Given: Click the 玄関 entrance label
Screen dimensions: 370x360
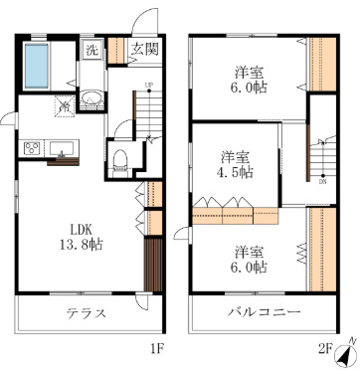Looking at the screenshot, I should pos(142,50).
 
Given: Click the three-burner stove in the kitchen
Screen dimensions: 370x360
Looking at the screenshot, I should pos(33,149).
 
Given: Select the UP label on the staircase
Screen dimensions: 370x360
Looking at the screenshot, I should pos(148,86).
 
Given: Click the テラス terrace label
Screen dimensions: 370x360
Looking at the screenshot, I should pos(86,313).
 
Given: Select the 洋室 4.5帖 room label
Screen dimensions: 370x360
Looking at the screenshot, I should pos(236,164).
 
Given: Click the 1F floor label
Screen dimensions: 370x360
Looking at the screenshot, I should pos(156,349).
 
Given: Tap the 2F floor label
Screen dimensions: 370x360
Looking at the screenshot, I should pos(324,349).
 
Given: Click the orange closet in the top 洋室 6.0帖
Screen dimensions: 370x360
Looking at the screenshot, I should pos(322,64).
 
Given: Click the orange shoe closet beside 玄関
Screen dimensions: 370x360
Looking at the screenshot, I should pos(117,50).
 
